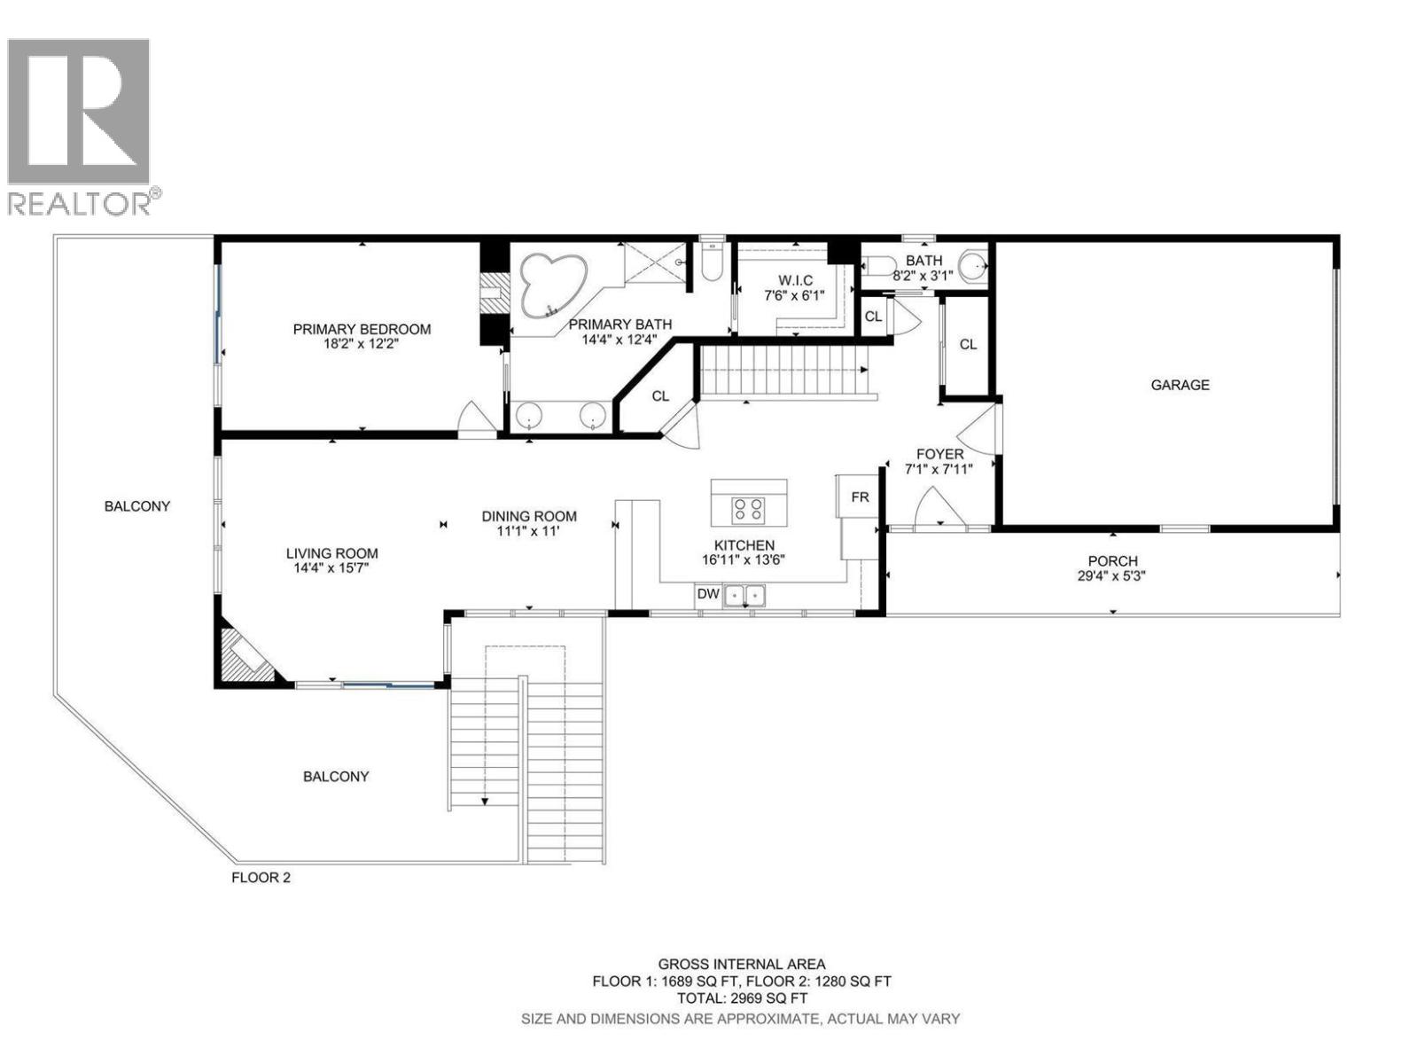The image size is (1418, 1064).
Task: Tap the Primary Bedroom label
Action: (362, 329)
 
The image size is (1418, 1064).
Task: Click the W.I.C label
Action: (794, 280)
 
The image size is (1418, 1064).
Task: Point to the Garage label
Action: (1180, 385)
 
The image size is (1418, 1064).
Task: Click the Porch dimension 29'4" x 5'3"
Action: (1112, 575)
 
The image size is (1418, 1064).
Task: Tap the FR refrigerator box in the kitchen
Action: (860, 497)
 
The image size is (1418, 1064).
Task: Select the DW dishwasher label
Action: (707, 594)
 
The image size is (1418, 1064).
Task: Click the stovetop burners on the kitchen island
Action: (748, 509)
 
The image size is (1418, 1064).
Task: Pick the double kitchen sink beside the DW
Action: (744, 595)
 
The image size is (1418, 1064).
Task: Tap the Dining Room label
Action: (529, 516)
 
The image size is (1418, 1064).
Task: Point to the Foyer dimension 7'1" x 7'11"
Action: (939, 469)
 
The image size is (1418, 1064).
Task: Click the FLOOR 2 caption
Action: (261, 878)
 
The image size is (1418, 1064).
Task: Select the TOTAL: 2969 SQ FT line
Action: (742, 998)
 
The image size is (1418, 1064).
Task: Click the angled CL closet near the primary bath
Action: (659, 396)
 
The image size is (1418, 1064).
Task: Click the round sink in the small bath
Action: (973, 263)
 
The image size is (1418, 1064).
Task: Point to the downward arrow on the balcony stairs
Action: (486, 801)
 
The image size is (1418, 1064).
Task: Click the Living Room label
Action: (331, 553)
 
